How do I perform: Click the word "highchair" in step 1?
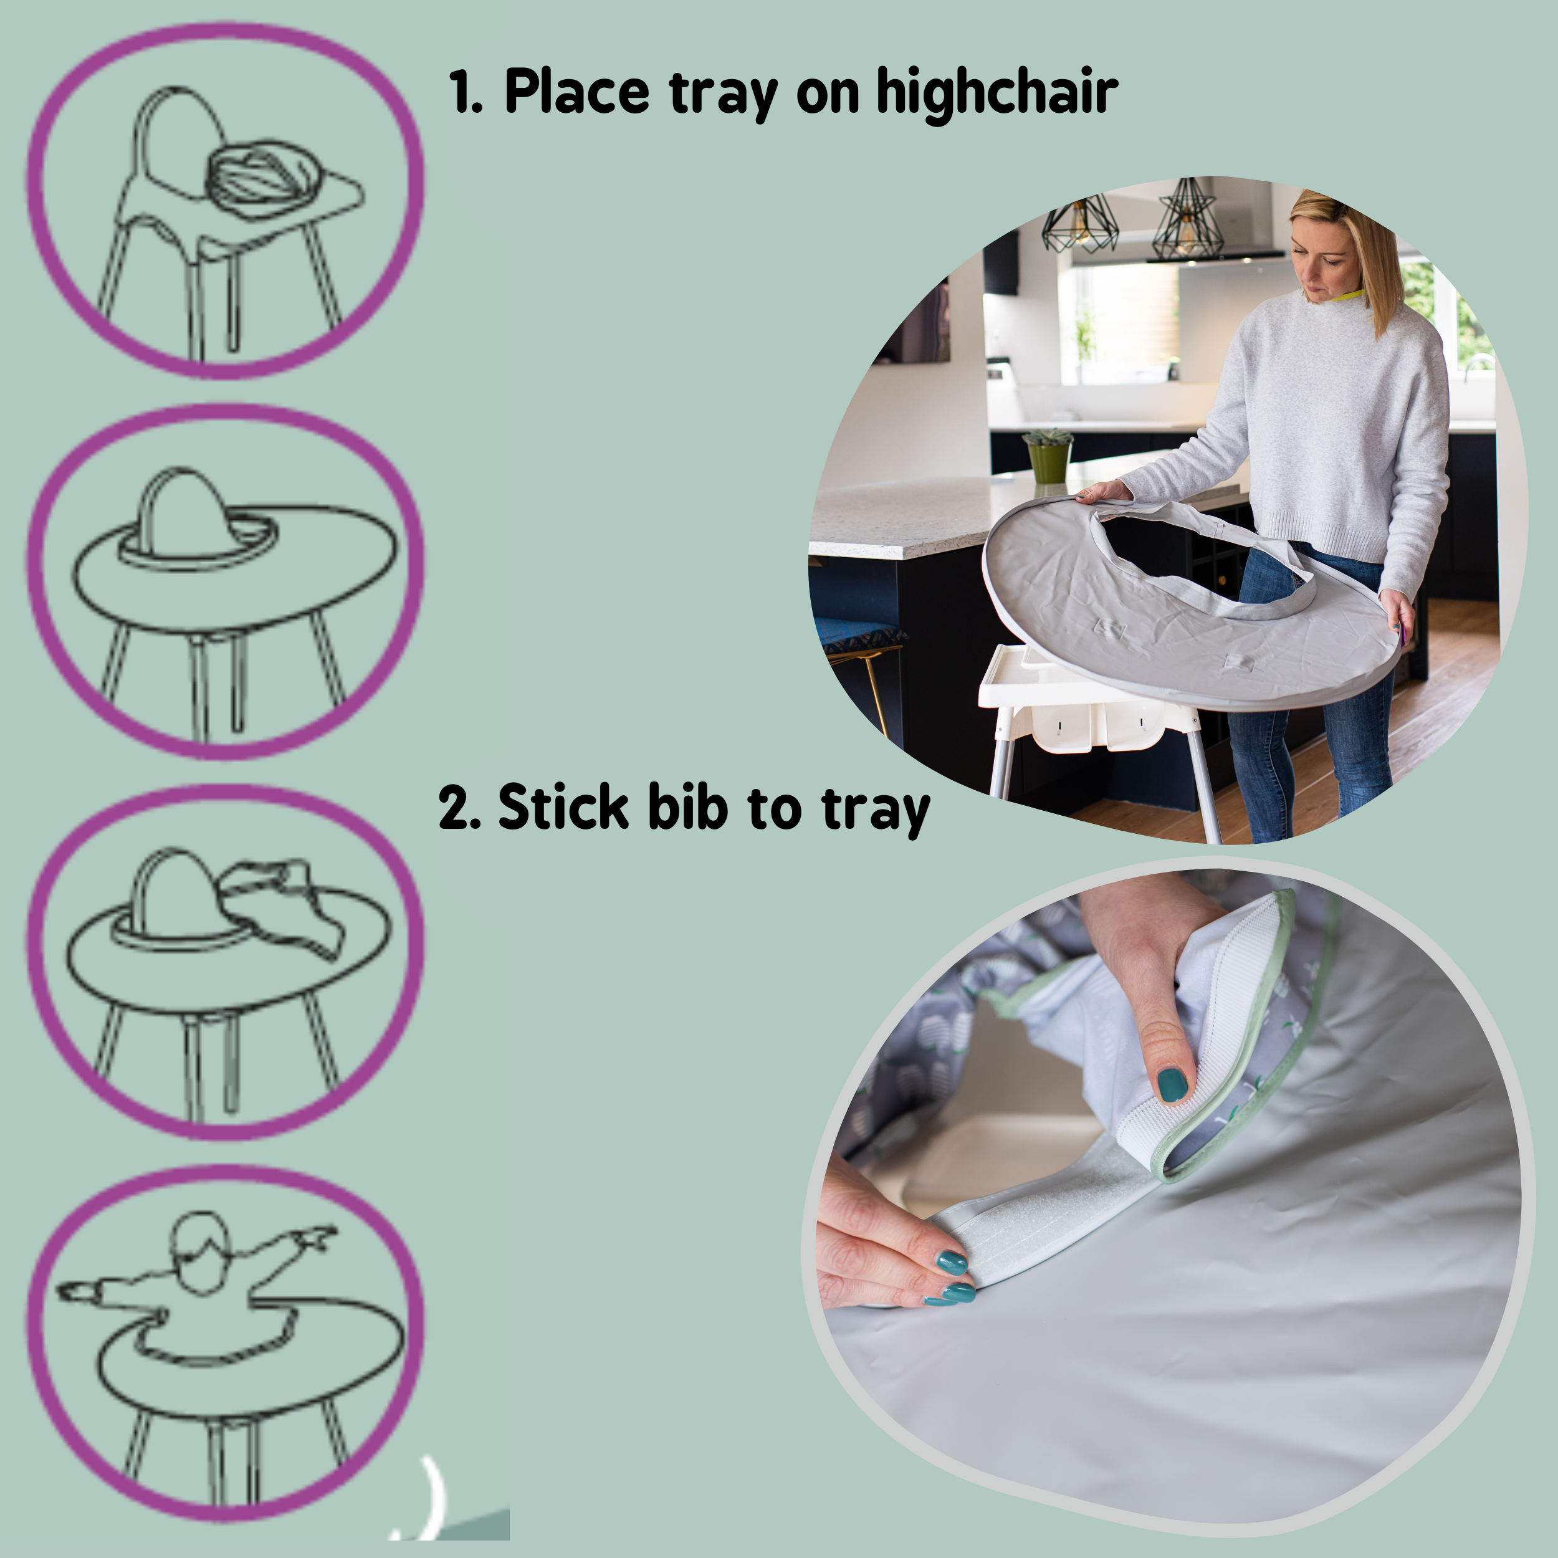click(x=996, y=93)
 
